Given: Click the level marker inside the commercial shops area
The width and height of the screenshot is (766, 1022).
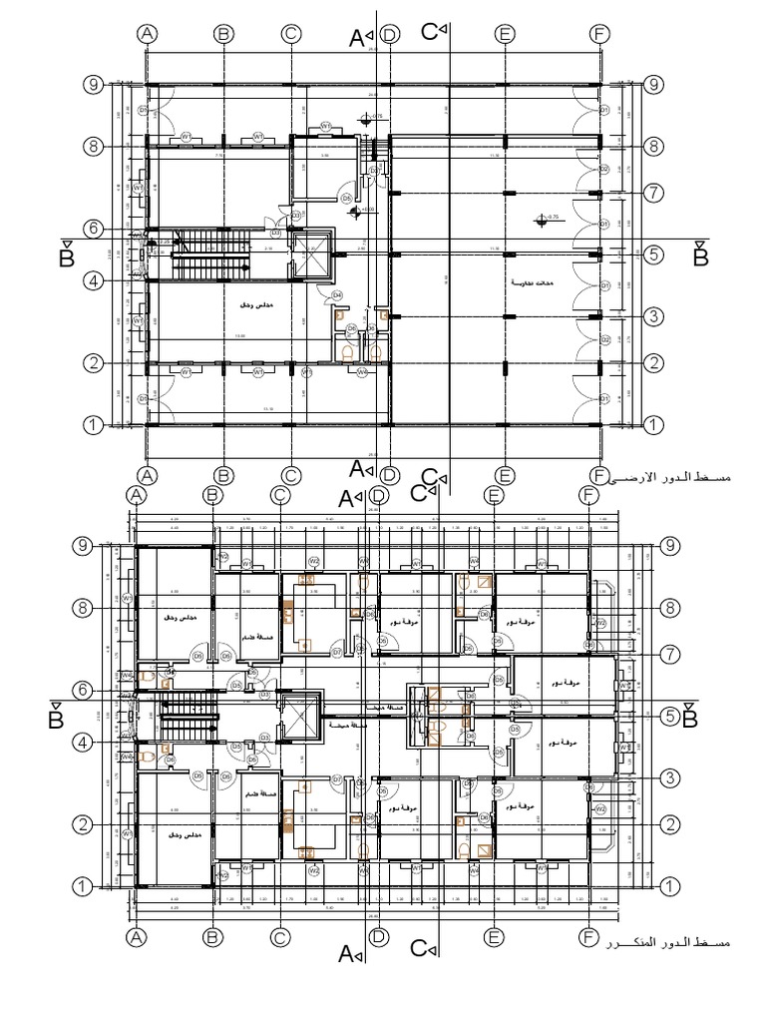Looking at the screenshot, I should pyautogui.click(x=543, y=217).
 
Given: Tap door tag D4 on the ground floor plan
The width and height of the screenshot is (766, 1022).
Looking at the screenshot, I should pyautogui.click(x=337, y=294).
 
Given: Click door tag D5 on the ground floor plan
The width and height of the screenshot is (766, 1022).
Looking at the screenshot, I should pyautogui.click(x=346, y=199).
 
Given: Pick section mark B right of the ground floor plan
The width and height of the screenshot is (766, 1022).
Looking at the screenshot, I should pyautogui.click(x=700, y=255).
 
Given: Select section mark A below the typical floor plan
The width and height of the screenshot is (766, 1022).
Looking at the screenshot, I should pyautogui.click(x=349, y=955).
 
